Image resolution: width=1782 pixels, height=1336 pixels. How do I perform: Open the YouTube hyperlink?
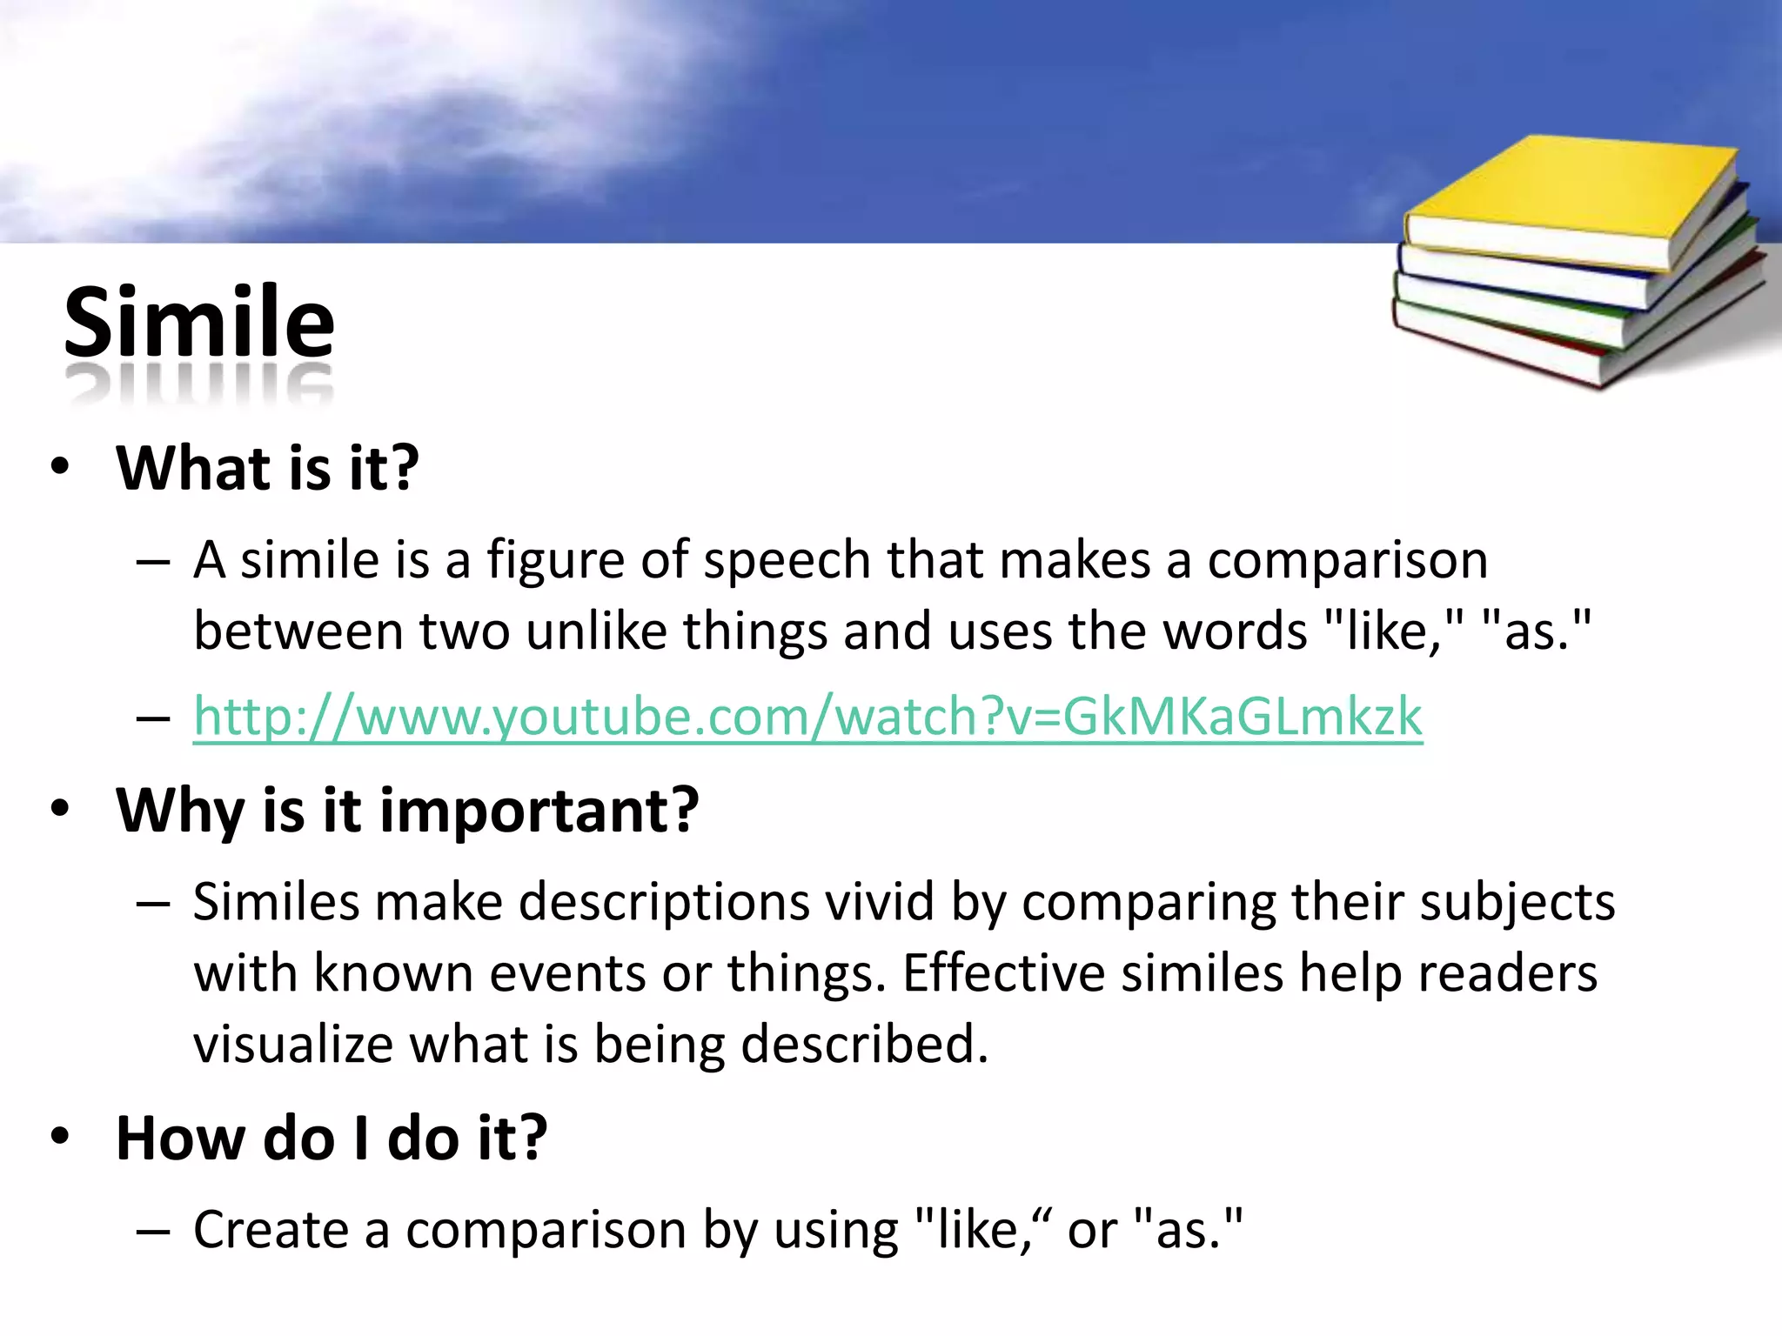pyautogui.click(x=807, y=717)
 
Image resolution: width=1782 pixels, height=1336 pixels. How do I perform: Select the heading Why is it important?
pyautogui.click(x=407, y=810)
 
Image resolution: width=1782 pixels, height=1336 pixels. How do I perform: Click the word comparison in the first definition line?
pyautogui.click(x=1347, y=561)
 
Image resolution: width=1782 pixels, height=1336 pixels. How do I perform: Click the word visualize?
pyautogui.click(x=293, y=1044)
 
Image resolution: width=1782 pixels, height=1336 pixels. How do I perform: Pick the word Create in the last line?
pyautogui.click(x=271, y=1230)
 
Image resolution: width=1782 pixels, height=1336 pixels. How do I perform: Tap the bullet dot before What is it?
pyautogui.click(x=59, y=467)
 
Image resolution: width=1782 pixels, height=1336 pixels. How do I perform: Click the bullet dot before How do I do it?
pyautogui.click(x=59, y=1136)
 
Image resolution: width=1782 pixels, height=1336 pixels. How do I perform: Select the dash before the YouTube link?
pyautogui.click(x=153, y=719)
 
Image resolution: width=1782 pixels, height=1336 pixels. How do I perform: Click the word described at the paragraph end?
pyautogui.click(x=863, y=1044)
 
